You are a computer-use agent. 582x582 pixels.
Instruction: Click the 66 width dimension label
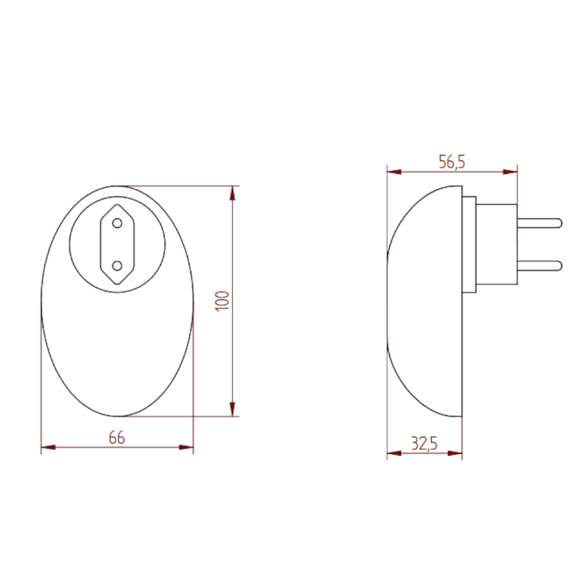tap(117, 438)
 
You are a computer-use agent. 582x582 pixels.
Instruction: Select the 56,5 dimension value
tap(452, 162)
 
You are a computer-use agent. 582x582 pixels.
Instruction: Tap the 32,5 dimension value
tap(424, 444)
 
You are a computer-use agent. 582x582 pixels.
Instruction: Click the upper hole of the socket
tap(117, 223)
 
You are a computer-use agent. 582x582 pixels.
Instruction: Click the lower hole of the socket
tap(117, 266)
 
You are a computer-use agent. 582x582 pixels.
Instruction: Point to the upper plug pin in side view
tap(539, 222)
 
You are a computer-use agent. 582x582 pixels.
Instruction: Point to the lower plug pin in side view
tap(539, 266)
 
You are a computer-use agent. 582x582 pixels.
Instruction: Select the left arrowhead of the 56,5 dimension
tap(394, 172)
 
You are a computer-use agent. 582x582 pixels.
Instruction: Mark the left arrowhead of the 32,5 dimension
tap(394, 453)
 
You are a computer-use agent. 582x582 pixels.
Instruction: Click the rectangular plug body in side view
tap(496, 244)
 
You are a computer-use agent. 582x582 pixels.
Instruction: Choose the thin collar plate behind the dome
tap(469, 244)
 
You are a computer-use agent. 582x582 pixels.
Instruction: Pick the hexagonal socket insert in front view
tap(117, 244)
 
